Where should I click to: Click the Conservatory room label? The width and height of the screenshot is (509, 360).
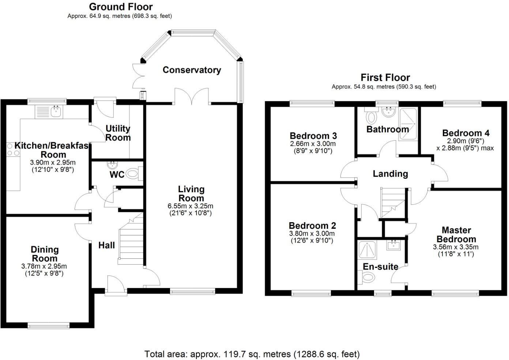[x=192, y=70]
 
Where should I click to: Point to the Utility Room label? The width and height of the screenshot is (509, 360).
[x=118, y=133]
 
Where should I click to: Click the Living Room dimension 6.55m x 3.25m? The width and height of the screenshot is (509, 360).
[x=191, y=206]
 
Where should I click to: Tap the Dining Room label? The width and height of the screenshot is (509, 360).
[x=45, y=254]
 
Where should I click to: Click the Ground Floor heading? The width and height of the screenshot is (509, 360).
[x=121, y=7]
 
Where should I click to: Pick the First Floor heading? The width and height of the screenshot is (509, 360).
[x=385, y=77]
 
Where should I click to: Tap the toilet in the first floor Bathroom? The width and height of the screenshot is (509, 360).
[x=372, y=117]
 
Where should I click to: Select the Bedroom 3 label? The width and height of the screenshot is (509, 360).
[x=313, y=136]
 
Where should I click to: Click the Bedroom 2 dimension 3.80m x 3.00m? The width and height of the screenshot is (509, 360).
[x=312, y=234]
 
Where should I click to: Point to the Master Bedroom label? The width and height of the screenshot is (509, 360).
[x=456, y=235]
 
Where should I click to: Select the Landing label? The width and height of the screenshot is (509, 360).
[x=390, y=174]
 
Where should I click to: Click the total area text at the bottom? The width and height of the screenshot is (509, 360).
[x=252, y=354]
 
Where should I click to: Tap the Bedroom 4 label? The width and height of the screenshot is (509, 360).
[x=465, y=133]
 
